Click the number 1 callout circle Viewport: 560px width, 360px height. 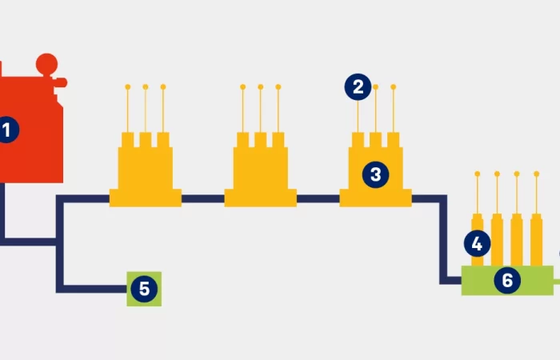6,130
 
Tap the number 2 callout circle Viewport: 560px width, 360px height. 358,86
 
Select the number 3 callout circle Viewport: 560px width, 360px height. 374,174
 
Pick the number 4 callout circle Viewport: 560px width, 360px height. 478,243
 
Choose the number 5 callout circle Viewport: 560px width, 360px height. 144,289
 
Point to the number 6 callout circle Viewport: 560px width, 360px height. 507,280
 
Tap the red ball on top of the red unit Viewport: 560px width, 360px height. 47,62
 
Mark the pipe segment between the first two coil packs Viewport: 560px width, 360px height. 203,198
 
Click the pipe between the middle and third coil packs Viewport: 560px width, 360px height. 318,198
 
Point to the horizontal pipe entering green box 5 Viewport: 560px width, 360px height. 92,288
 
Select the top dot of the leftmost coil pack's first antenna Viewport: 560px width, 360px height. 128,86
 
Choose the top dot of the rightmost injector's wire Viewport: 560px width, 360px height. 535,174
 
